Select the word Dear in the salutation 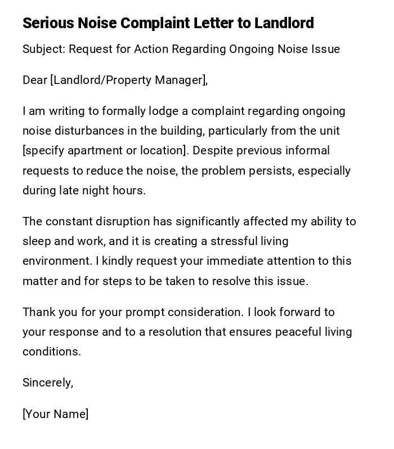(34, 80)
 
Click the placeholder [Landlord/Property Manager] (128, 80)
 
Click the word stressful (234, 241)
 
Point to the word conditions (51, 352)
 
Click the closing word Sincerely (47, 383)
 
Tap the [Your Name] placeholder (55, 414)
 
